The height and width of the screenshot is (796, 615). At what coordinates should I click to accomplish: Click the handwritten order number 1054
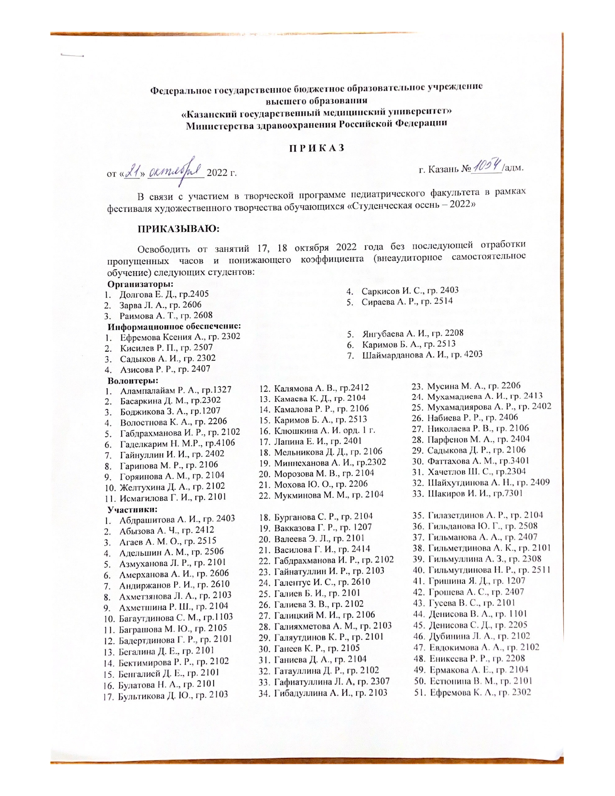(488, 167)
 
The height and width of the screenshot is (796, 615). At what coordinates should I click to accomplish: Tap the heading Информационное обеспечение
(174, 326)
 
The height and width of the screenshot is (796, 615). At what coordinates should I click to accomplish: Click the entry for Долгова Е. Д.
(164, 294)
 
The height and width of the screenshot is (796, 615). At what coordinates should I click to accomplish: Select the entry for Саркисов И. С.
(410, 290)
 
